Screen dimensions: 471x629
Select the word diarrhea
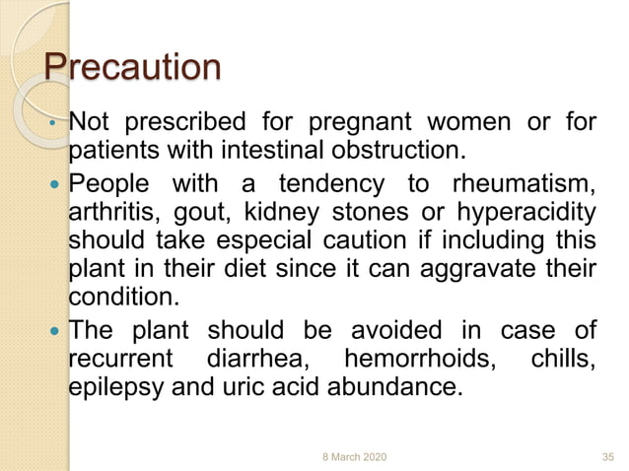[252, 360]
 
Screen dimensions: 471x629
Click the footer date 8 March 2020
[356, 456]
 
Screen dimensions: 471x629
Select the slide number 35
[607, 456]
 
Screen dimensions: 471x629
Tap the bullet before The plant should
[54, 332]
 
